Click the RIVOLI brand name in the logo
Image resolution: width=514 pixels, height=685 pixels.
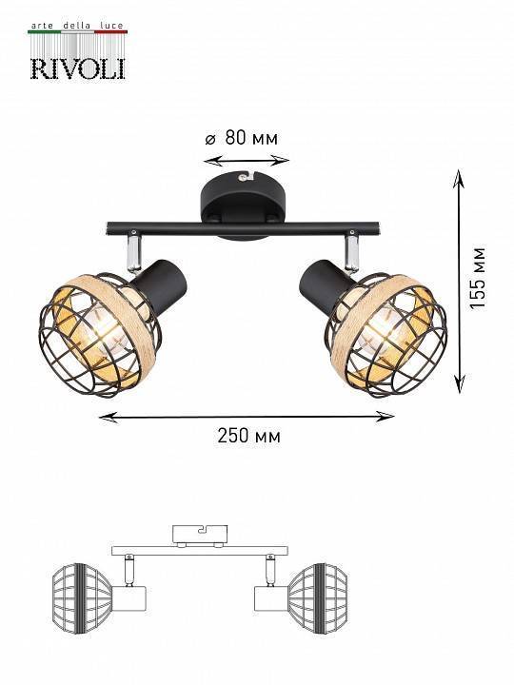click(77, 67)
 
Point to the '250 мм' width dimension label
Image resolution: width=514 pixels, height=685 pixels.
click(249, 437)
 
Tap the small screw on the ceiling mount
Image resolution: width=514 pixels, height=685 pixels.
click(245, 177)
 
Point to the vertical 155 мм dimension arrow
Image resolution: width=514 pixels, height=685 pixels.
click(459, 282)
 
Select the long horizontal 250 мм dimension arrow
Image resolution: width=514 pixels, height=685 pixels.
click(247, 416)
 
